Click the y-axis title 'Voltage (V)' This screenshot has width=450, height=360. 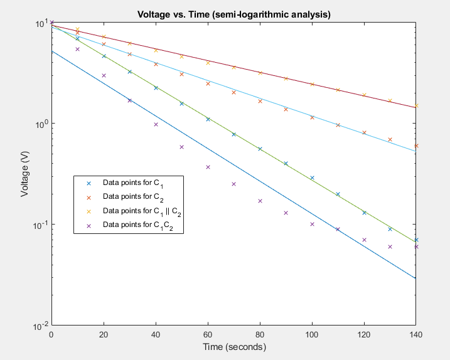coord(25,174)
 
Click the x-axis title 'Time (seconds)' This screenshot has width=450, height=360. coord(233,347)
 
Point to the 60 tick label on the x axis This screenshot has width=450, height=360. coord(208,335)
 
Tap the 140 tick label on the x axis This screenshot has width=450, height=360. coord(415,335)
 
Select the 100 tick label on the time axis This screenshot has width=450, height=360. coord(311,335)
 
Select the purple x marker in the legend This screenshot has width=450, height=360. coord(88,225)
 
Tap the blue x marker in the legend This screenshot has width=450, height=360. coord(88,183)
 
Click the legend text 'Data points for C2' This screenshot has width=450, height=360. coord(132,197)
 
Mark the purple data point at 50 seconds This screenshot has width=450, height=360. coord(181,147)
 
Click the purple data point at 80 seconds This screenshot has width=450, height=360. coord(260,201)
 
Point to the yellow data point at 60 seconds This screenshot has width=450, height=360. coord(208,63)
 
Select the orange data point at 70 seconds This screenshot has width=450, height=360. coord(233,92)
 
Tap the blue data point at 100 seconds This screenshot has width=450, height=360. coord(312,177)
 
